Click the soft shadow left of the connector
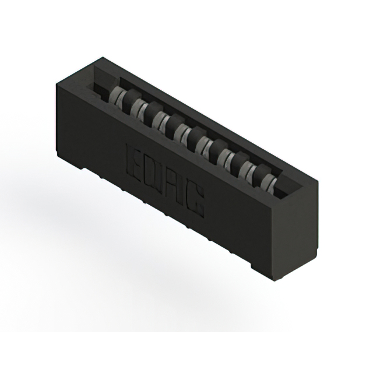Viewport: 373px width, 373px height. [35, 192]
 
